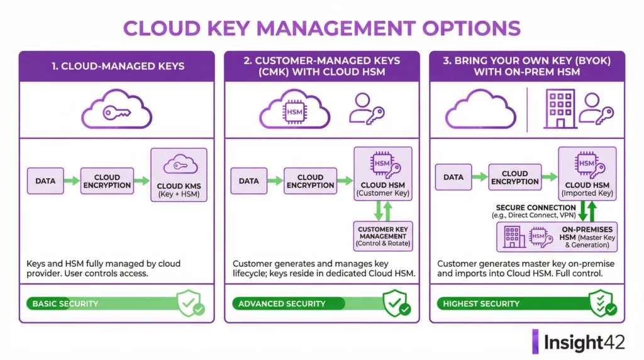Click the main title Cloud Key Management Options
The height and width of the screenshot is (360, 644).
tap(321, 28)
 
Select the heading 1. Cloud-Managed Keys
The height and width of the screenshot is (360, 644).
tap(116, 66)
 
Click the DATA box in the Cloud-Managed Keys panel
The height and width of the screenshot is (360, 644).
tap(45, 181)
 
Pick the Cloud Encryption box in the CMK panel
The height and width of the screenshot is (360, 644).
tap(310, 181)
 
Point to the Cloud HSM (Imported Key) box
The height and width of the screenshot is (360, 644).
tap(586, 173)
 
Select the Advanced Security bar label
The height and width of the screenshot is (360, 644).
tap(282, 303)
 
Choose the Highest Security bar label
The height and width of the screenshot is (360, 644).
tap(481, 303)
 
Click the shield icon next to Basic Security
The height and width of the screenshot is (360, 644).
tap(190, 303)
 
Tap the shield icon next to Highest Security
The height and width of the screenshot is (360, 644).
tap(602, 303)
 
